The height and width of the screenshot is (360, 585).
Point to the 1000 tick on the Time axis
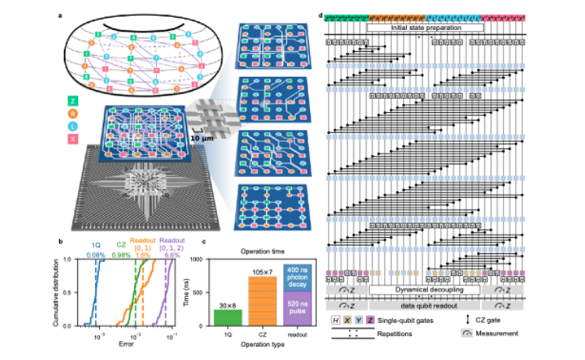point(203,260)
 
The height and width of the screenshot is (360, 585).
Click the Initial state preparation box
point(425,27)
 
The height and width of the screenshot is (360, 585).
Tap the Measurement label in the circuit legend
point(499,333)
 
